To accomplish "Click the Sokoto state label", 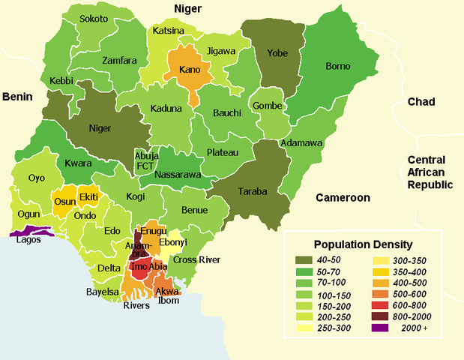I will click(x=94, y=18).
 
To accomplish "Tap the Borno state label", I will click(x=337, y=66).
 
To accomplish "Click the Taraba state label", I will click(x=253, y=191).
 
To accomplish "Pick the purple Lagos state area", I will click(x=26, y=233).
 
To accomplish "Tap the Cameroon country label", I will click(x=343, y=198).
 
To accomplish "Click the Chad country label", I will click(x=422, y=102).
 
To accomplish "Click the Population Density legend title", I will click(x=363, y=244).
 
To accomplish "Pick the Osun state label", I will click(x=63, y=202).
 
